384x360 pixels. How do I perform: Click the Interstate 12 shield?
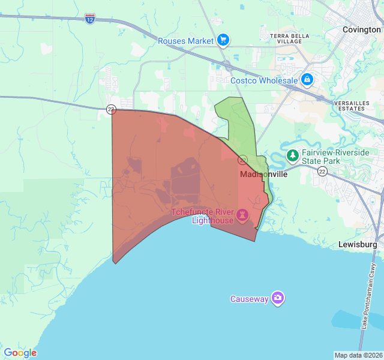point(89,18)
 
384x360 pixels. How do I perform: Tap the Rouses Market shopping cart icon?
point(223,40)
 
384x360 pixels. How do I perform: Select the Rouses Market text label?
point(186,41)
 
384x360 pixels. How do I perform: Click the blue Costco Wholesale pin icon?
point(307,79)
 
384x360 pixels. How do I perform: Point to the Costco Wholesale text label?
point(264,80)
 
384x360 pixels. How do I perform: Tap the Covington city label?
point(361,29)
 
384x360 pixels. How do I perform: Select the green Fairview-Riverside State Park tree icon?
point(292,156)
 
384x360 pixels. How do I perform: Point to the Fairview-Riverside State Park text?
point(335,157)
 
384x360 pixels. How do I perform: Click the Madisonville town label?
point(263,175)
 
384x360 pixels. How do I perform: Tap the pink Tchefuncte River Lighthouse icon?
point(242,214)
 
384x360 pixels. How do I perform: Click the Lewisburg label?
point(357,245)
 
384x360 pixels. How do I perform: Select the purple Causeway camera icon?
point(277,298)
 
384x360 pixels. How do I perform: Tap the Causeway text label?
point(249,299)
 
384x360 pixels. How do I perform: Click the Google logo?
point(20,353)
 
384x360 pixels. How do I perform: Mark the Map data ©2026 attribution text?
point(358,355)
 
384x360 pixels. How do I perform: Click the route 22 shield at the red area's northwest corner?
point(111,109)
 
